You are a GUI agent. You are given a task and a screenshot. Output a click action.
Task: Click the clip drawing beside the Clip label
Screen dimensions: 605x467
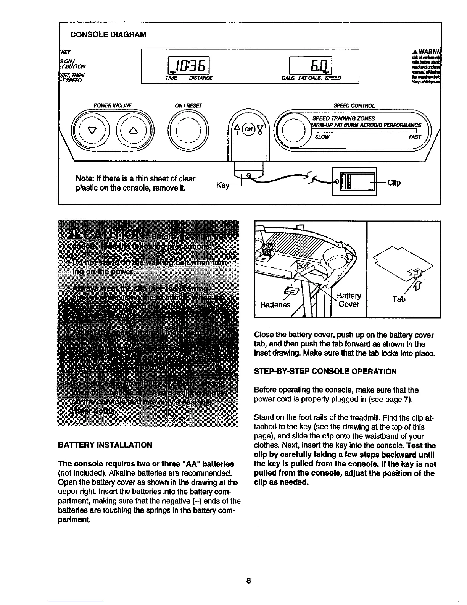coord(354,181)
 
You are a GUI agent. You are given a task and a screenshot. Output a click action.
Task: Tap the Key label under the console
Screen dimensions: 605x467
coord(223,186)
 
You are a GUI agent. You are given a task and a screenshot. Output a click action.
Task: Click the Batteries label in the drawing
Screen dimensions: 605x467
coord(275,304)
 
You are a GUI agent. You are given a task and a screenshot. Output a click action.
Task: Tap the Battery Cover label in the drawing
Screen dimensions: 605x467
coord(349,300)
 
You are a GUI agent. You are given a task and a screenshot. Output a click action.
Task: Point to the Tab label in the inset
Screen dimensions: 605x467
coord(399,299)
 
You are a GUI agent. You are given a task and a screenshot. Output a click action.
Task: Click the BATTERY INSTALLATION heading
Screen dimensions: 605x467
coord(105,445)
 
